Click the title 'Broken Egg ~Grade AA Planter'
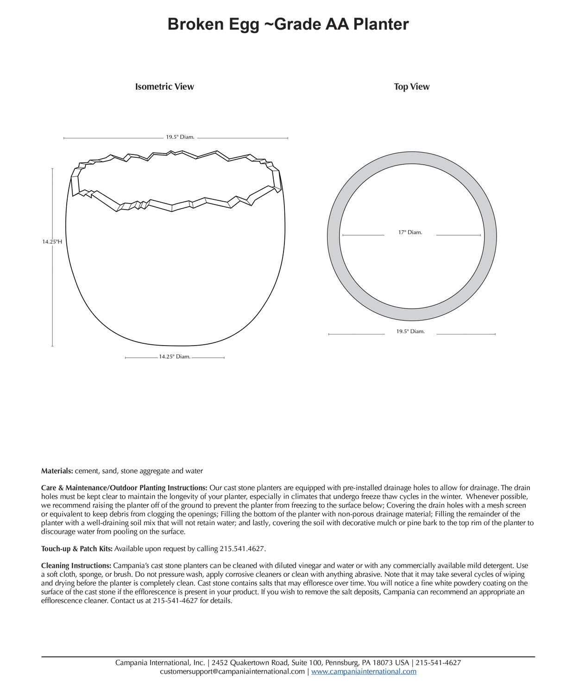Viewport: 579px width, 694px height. pos(288,24)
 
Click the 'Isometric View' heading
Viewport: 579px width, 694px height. pos(164,87)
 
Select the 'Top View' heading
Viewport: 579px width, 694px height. pos(411,87)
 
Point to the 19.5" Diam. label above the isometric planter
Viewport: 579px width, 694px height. pos(180,137)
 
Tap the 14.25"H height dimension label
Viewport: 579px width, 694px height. pos(52,242)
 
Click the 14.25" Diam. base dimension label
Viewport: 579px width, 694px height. pos(175,357)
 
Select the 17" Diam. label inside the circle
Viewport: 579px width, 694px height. pos(410,232)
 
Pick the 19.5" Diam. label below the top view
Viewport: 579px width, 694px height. pos(410,331)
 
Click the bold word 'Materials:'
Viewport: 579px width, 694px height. pos(57,471)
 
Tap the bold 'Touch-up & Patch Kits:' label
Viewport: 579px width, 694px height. pos(77,549)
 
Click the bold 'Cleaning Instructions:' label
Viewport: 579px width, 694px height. pos(76,565)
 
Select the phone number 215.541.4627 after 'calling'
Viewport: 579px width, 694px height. pos(242,549)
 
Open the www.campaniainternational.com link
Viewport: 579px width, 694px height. pos(364,671)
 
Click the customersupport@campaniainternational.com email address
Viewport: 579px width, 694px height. pos(232,671)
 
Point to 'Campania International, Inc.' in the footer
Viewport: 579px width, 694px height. pos(160,663)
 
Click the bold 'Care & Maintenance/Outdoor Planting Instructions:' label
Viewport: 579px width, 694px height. pos(124,488)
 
